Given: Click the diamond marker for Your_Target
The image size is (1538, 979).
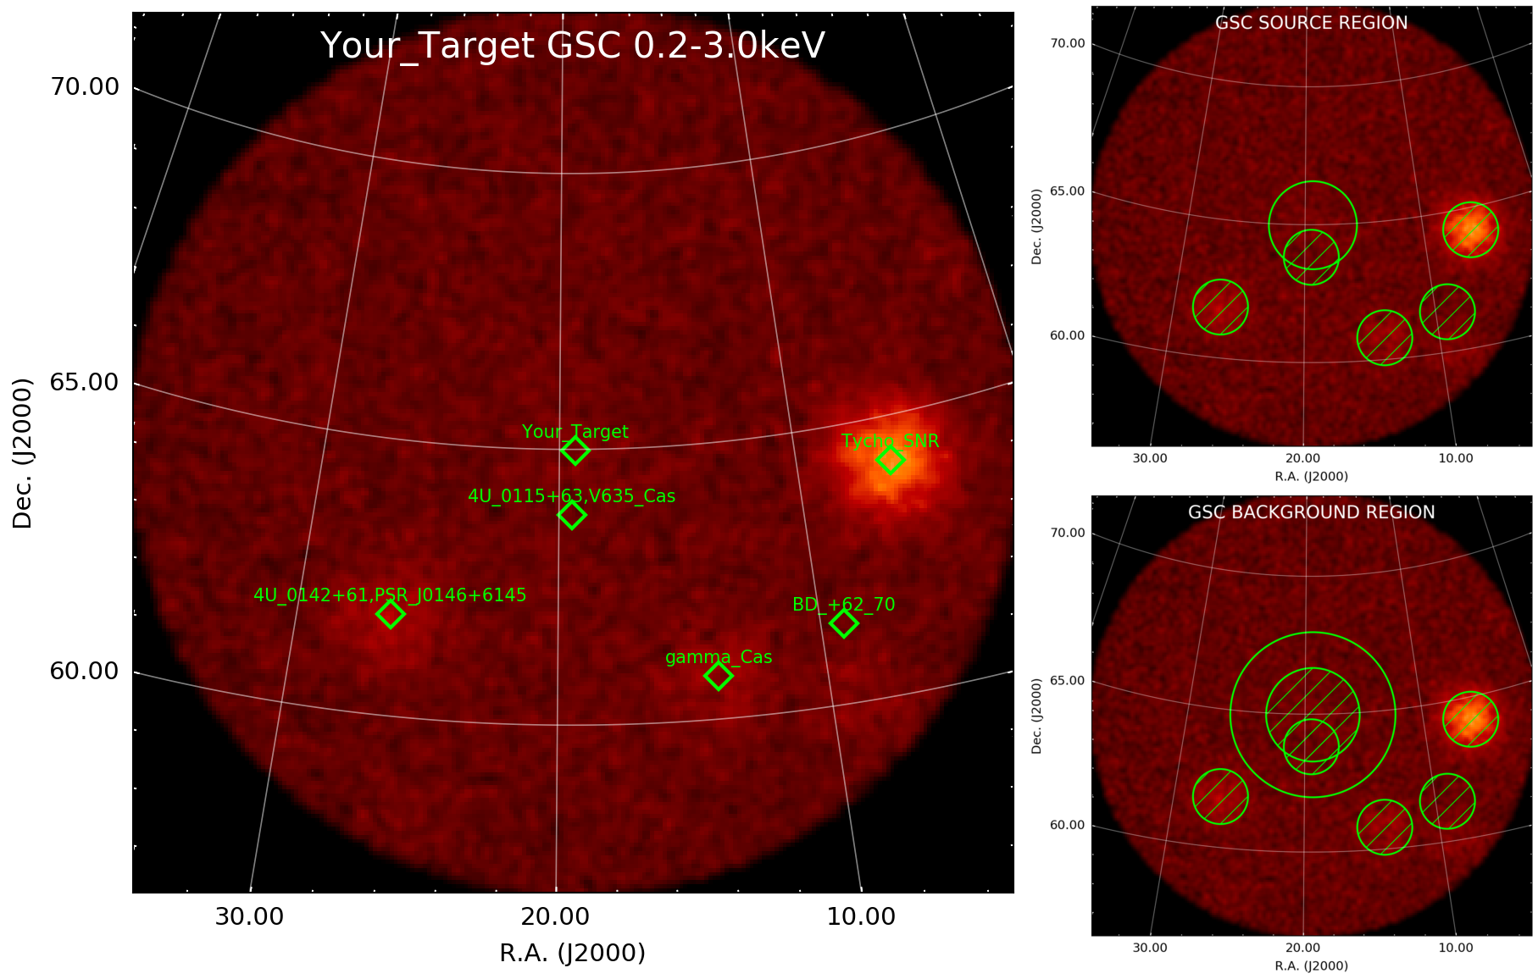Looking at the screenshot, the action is (x=575, y=451).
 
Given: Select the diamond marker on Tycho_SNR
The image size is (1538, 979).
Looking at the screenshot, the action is (x=891, y=460).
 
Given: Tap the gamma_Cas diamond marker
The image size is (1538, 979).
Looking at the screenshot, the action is (x=719, y=676).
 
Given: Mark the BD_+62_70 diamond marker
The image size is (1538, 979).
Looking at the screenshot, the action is (x=843, y=623).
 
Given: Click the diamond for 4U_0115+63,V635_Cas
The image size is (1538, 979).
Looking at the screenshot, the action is (x=572, y=515).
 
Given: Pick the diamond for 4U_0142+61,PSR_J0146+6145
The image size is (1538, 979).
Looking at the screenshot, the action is (x=390, y=614).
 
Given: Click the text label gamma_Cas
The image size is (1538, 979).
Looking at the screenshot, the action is (x=719, y=657).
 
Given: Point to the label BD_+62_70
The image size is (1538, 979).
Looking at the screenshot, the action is (x=843, y=605).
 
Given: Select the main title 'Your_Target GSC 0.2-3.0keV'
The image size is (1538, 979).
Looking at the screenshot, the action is (x=573, y=46).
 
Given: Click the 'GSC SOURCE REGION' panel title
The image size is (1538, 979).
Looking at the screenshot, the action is (x=1312, y=23).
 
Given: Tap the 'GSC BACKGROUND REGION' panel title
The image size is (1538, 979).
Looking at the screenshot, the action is (x=1312, y=512).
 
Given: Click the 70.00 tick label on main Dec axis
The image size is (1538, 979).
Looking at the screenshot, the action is (x=84, y=87).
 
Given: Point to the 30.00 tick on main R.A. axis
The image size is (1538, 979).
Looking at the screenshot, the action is (x=249, y=916).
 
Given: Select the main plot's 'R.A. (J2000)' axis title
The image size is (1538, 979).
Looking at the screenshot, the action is (x=573, y=954).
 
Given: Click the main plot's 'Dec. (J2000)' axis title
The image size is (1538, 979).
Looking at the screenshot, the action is (x=22, y=453).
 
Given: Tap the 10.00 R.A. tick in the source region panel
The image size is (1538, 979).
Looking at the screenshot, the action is (x=1456, y=458).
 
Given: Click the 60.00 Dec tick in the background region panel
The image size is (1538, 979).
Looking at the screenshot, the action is (x=1067, y=825).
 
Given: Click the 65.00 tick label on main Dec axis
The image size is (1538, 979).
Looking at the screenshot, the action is (x=84, y=383).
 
